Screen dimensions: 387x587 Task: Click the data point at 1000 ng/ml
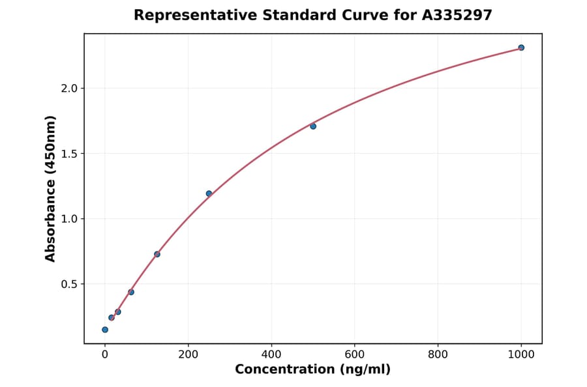[x=521, y=48]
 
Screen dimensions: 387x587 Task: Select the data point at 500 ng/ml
[x=313, y=126]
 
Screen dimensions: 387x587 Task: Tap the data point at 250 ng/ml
[x=209, y=193]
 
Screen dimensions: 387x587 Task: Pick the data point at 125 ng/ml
[x=157, y=254]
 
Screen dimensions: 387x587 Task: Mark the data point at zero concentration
[x=105, y=330]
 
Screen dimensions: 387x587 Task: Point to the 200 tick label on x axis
[x=188, y=355]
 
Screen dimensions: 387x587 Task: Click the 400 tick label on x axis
[x=271, y=355]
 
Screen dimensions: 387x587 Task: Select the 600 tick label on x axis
[x=355, y=355]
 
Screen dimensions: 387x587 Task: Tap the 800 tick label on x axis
[x=438, y=355]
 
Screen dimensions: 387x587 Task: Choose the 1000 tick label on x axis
[x=521, y=355]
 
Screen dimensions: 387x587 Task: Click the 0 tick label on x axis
[x=105, y=355]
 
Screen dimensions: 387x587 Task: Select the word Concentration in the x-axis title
[x=283, y=369]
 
